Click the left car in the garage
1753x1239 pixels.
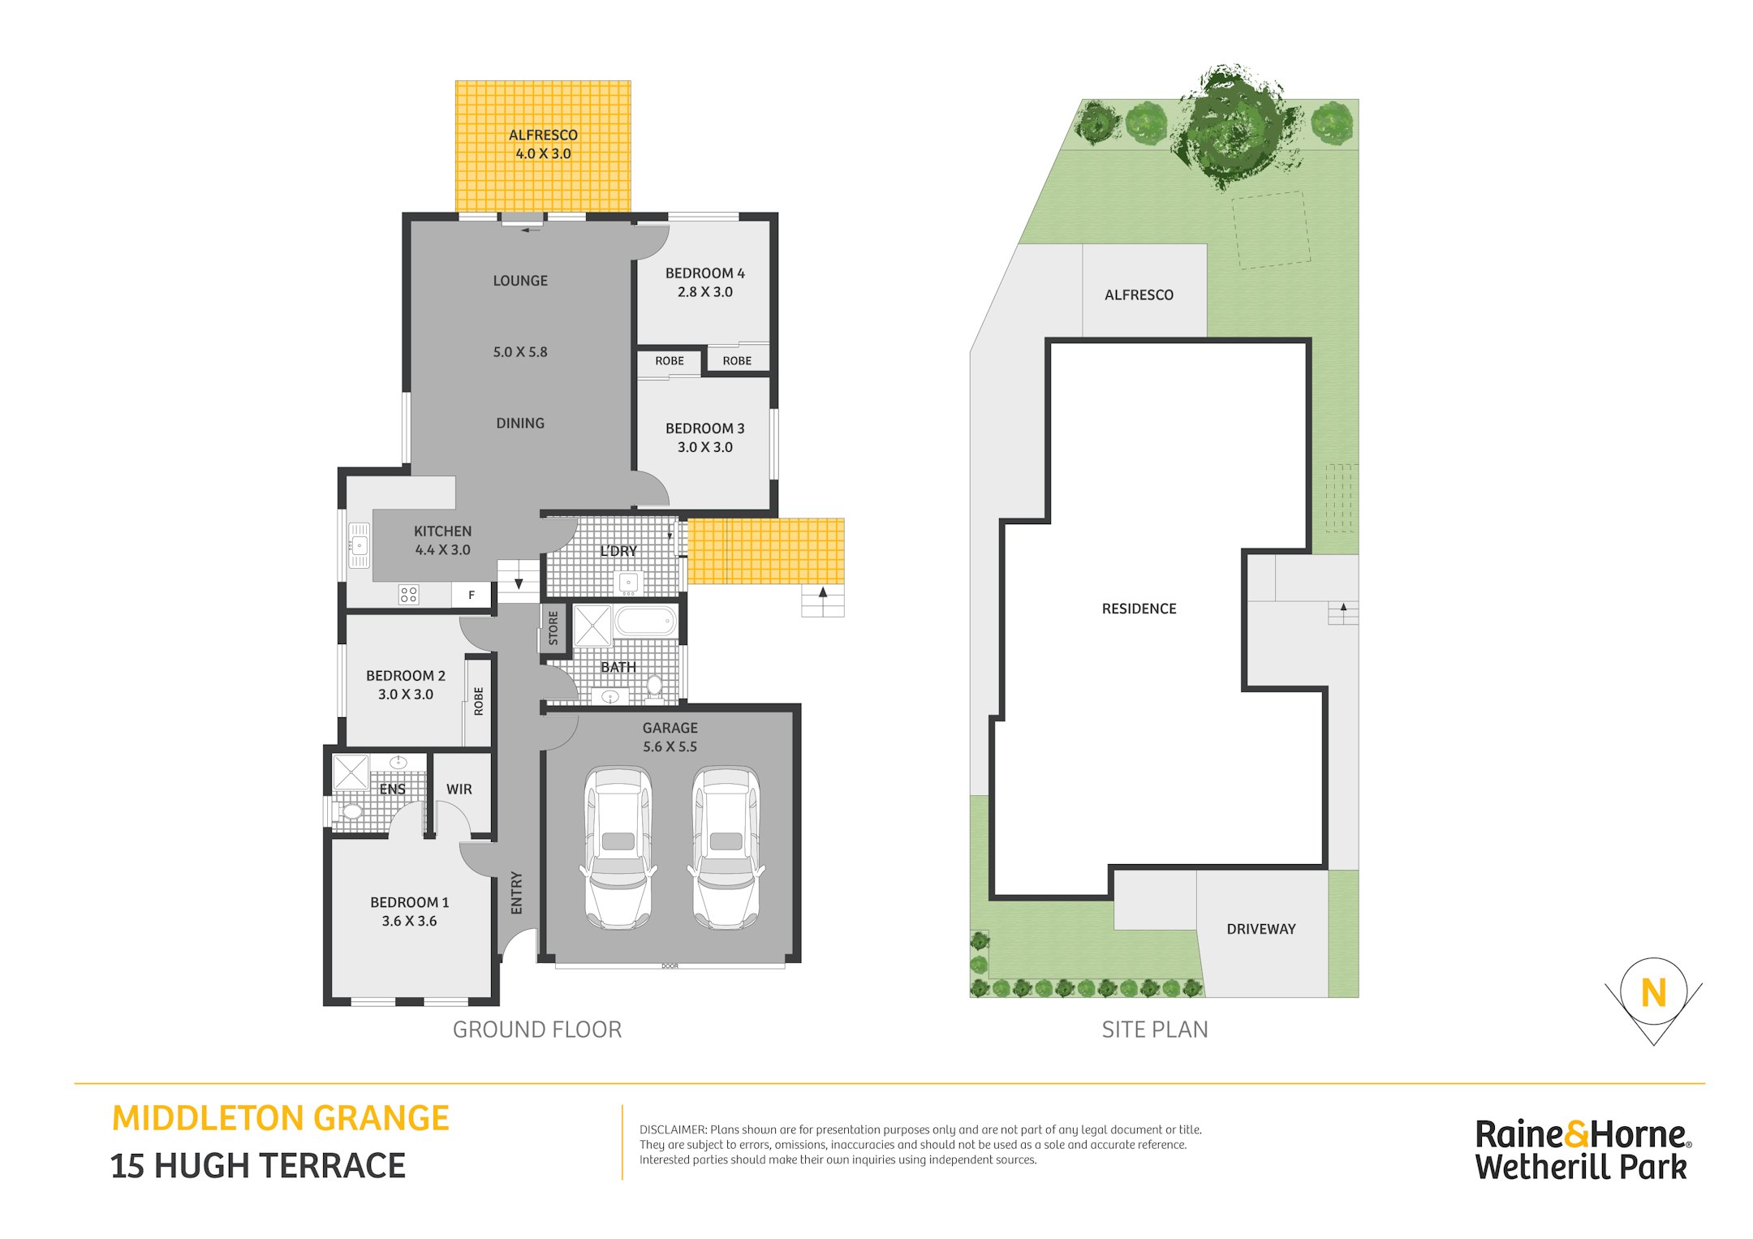coord(618,847)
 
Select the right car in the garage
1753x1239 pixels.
coord(726,847)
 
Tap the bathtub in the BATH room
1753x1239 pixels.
coord(645,622)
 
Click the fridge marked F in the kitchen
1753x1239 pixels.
coord(472,595)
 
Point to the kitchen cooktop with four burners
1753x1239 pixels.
coord(408,595)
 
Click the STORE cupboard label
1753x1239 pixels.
coord(553,628)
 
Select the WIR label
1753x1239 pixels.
coord(459,789)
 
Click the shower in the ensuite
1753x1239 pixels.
coord(351,772)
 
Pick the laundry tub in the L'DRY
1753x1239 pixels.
coord(628,583)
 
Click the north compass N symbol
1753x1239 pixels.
coord(1653,993)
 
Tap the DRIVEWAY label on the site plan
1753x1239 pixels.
coord(1260,929)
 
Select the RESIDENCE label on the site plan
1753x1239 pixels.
coord(1139,609)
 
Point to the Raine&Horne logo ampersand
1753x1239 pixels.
coord(1576,1134)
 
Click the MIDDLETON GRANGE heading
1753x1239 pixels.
coord(280,1118)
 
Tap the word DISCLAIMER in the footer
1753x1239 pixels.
coord(673,1129)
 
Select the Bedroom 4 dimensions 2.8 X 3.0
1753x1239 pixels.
coord(705,292)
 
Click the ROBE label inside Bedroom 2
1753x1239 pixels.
coord(479,701)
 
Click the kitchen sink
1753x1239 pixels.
coord(358,545)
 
